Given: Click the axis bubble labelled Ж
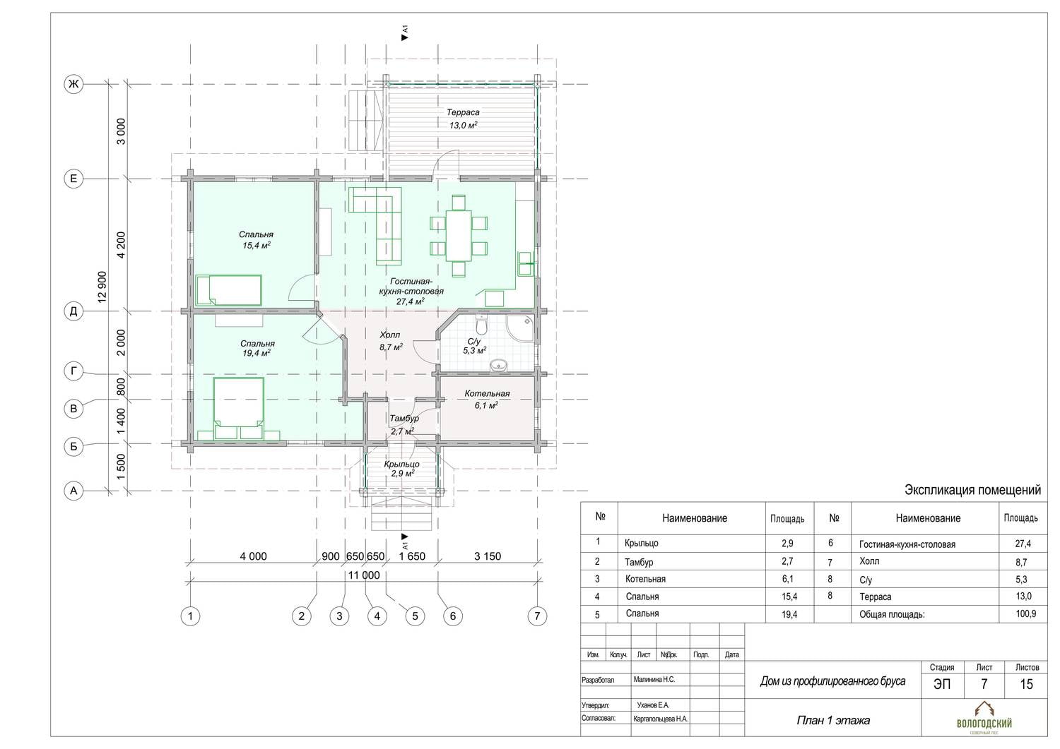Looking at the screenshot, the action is click(73, 84).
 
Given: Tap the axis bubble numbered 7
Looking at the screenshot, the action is click(537, 616).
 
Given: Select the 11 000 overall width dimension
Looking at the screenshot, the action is click(364, 575).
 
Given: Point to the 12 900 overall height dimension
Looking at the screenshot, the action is click(102, 287).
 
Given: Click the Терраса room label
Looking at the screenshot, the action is click(463, 112).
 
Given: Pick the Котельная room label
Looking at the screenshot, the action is click(487, 393).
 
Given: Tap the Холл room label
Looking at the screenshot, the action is click(389, 335).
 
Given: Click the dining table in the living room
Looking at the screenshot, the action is click(459, 236).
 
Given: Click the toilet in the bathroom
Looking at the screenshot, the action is click(482, 325).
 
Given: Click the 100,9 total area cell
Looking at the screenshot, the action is click(1025, 613).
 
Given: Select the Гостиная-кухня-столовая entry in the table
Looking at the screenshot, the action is click(907, 544).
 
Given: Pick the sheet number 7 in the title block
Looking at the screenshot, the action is click(984, 684).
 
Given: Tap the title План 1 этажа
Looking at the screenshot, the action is click(833, 720).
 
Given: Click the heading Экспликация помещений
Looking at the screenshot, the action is click(972, 490).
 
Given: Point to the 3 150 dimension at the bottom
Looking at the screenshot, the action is click(488, 556).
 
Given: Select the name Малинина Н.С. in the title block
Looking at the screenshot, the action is click(654, 680).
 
